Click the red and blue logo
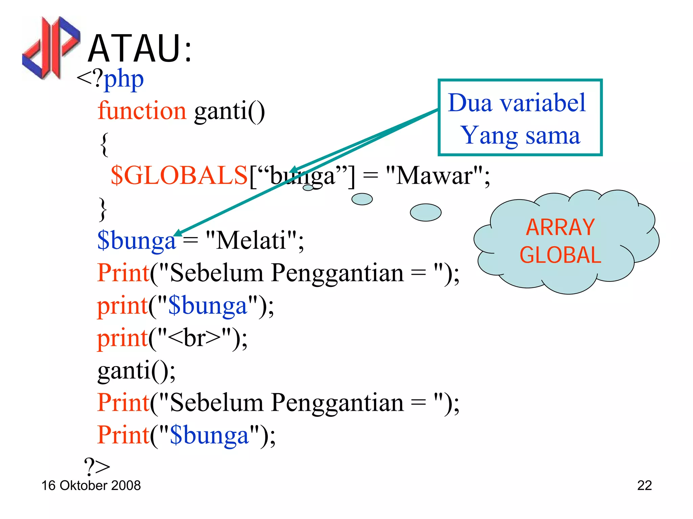pos(51,47)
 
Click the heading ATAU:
pos(140,49)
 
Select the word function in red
pos(142,111)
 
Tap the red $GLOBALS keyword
pos(179,176)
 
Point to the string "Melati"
pos(251,241)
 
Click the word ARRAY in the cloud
pos(560,227)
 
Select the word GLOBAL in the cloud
pos(560,255)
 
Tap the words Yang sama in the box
pos(520,135)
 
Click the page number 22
pos(644,486)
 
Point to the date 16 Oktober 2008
pos(91,486)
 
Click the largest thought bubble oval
pos(425,212)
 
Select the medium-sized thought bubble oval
pos(362,199)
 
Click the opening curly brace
pos(104,144)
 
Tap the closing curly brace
pos(103,209)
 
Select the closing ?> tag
pos(97,467)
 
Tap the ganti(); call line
pos(136,370)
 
